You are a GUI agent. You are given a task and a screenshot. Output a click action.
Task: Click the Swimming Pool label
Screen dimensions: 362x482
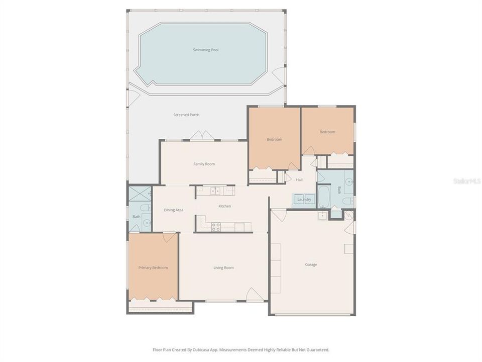(x=206, y=50)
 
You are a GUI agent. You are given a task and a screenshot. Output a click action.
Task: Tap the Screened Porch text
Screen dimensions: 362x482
(x=186, y=115)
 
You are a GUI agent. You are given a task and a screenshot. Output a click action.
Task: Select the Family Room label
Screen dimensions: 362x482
(x=204, y=164)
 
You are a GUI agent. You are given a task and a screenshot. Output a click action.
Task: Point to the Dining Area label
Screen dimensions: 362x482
(x=174, y=210)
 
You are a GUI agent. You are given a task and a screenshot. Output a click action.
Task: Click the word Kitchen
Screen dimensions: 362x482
(x=224, y=206)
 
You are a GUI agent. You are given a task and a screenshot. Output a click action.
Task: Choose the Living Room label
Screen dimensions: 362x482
(x=223, y=267)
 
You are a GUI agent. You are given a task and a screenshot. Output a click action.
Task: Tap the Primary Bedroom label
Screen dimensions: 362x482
(x=153, y=267)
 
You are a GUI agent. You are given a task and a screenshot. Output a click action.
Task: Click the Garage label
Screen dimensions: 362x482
(x=311, y=264)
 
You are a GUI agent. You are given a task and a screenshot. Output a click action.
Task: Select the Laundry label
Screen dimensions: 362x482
(x=304, y=200)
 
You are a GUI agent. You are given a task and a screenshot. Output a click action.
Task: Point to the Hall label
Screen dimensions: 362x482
(x=299, y=179)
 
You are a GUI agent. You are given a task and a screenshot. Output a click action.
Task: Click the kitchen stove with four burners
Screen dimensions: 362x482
(x=216, y=226)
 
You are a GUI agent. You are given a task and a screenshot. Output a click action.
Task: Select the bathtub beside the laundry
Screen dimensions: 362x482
(x=324, y=197)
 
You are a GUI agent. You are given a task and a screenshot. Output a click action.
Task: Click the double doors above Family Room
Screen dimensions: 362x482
(x=203, y=136)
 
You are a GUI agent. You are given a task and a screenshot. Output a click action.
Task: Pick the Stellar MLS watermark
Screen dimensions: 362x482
(x=466, y=180)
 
